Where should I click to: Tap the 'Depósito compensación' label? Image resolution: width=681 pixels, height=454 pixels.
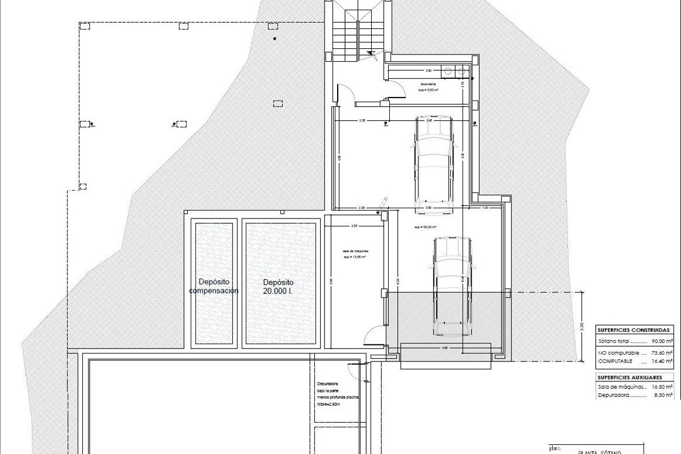click(x=213, y=286)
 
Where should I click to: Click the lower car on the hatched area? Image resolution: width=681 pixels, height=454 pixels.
click(x=452, y=287)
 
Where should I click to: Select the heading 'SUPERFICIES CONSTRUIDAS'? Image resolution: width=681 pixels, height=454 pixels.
click(x=634, y=330)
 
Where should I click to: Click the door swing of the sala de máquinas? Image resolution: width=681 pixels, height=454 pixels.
click(x=371, y=338)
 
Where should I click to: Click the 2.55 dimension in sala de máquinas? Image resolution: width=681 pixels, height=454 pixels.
click(x=354, y=226)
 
